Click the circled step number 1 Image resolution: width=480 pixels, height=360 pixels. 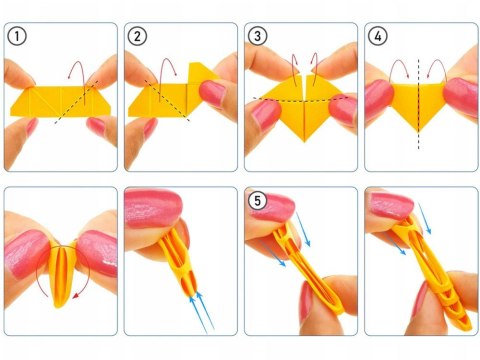pos(17,38)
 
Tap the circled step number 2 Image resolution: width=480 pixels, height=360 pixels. pos(137,38)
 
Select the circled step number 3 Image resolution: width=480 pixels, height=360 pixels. pos(257,38)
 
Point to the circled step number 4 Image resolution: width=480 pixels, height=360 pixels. pos(377,38)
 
